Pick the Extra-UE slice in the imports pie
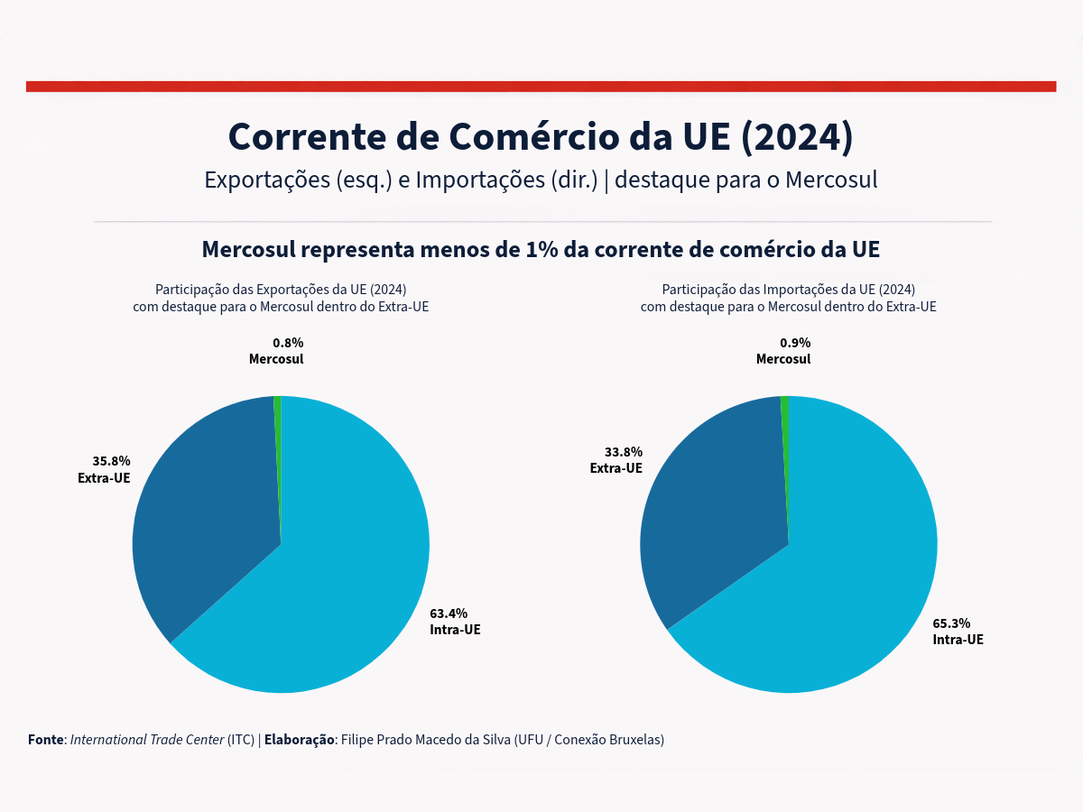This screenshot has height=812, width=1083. [713, 505]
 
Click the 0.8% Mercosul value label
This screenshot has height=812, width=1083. [288, 343]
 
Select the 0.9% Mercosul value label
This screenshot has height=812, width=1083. [795, 343]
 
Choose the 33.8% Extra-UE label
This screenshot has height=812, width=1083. [624, 452]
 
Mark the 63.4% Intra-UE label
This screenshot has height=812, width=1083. [449, 614]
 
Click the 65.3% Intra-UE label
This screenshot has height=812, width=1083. [951, 623]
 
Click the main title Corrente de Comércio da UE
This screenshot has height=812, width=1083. [540, 136]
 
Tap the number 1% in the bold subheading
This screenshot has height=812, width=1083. [541, 249]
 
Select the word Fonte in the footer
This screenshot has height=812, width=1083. [46, 740]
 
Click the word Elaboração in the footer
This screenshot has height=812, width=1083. [299, 740]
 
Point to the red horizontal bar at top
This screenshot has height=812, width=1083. [541, 87]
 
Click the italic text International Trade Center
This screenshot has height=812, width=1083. [147, 740]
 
